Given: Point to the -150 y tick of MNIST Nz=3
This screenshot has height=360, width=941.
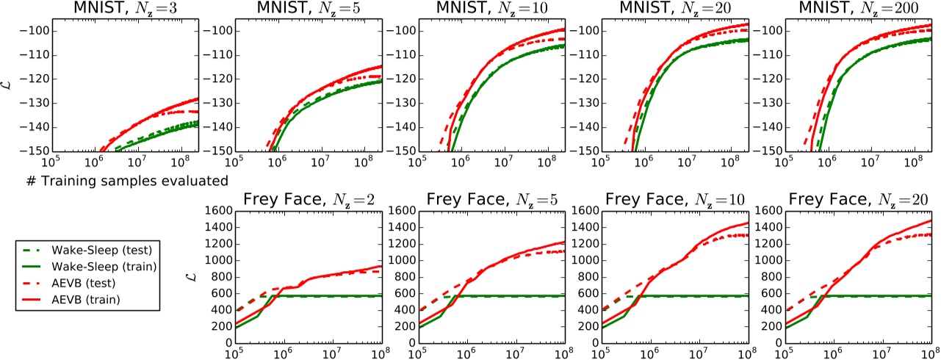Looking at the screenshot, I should pyautogui.click(x=34, y=151).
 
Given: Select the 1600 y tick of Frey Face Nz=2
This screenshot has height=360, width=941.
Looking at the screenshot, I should pyautogui.click(x=217, y=212).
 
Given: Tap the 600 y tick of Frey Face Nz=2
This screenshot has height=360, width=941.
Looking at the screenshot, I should pyautogui.click(x=220, y=293).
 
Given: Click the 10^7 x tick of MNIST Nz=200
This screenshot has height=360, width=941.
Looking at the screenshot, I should pyautogui.click(x=870, y=161).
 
